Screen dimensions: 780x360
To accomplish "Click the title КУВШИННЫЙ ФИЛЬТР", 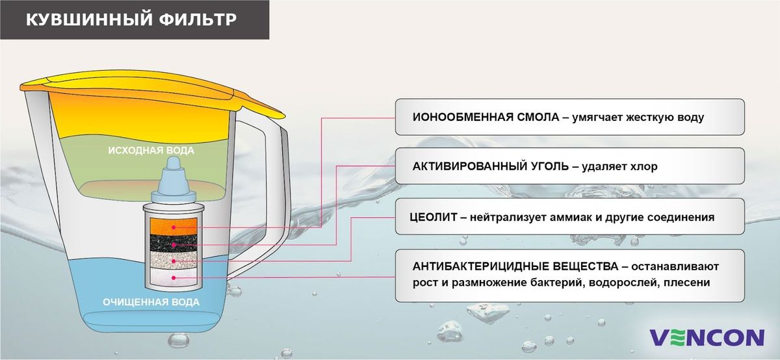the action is (x=131, y=19).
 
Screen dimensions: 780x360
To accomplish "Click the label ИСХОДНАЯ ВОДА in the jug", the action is (x=151, y=150).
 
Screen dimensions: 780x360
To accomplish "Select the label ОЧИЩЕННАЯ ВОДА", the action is (x=151, y=302).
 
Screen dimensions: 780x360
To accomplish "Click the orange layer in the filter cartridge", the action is (x=174, y=226).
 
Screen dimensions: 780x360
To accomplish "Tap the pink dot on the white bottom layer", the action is (x=174, y=277).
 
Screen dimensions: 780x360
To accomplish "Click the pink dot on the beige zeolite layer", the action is (x=174, y=261).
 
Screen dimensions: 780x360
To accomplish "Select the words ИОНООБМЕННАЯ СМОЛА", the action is (x=486, y=117).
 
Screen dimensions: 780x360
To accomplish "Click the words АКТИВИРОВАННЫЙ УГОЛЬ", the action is (x=490, y=166).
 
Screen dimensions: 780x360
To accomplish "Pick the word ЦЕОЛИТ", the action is (x=433, y=217).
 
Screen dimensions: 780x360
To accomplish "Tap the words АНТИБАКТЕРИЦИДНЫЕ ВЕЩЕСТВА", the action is (x=515, y=266).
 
